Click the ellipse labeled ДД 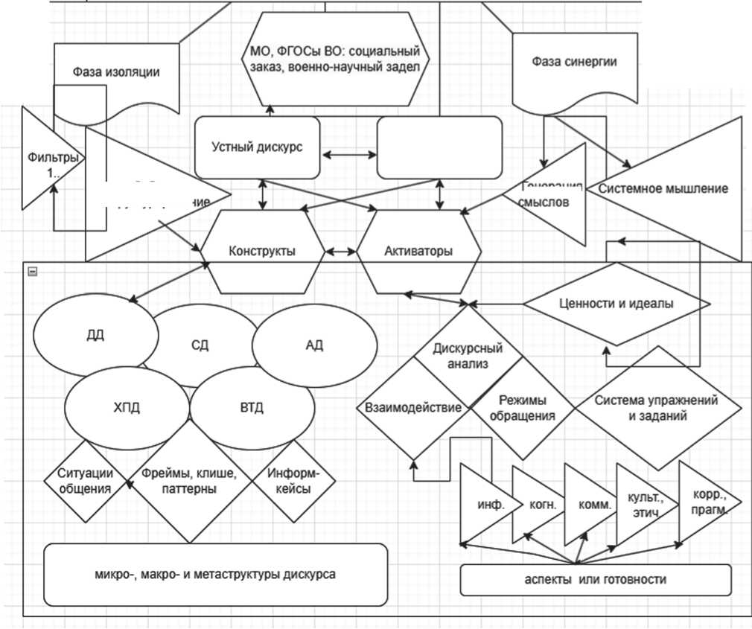[95, 336]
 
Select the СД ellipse [200, 345]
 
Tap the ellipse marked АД [314, 346]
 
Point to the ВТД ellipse [252, 408]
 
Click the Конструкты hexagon [262, 251]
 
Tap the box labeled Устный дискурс [258, 147]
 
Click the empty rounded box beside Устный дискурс [439, 147]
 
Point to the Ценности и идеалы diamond [615, 304]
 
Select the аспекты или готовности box [595, 580]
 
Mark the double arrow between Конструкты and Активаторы [341, 252]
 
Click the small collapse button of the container [32, 272]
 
